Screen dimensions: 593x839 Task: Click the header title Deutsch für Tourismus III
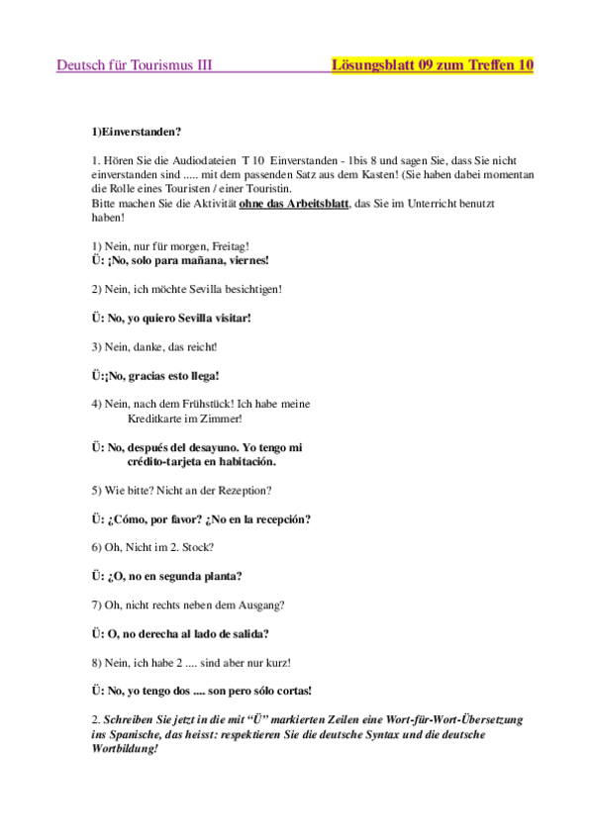point(134,65)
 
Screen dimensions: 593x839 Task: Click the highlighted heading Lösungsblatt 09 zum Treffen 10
point(433,65)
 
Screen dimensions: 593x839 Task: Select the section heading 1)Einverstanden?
point(136,131)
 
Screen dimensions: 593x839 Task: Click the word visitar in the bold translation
point(229,318)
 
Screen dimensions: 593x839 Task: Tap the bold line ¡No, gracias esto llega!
point(154,376)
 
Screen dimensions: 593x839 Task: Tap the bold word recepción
point(276,518)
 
